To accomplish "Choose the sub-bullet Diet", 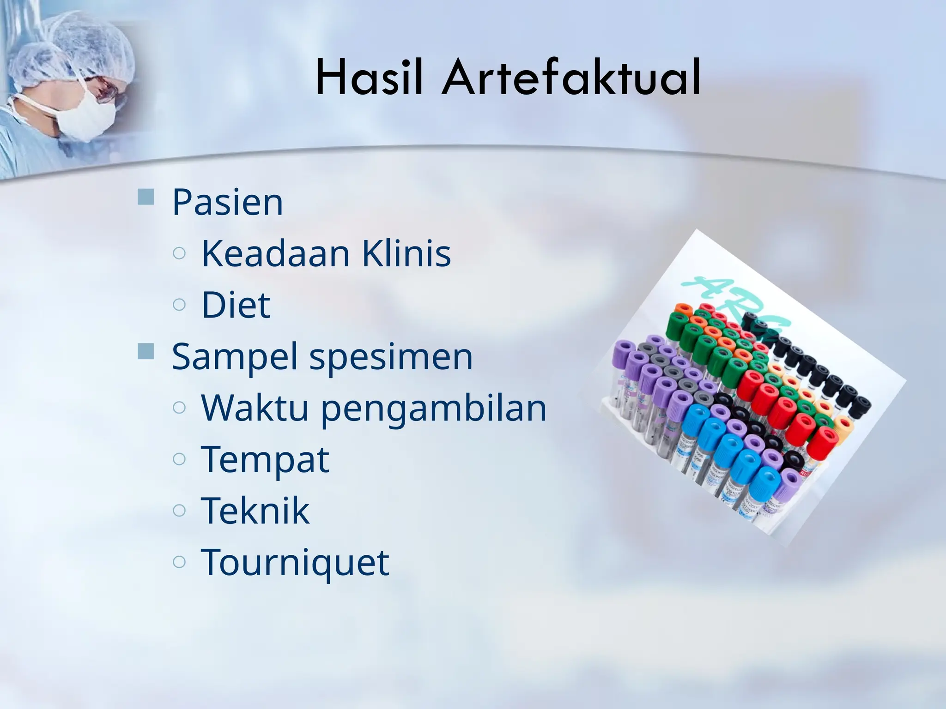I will tap(236, 305).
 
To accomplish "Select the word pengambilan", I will tap(433, 409).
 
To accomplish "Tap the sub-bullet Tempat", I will tap(265, 459).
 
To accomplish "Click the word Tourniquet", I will tap(295, 562).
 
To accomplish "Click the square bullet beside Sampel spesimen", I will tap(146, 352).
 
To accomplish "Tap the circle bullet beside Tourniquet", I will tap(179, 561).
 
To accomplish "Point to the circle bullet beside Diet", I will tap(179, 304).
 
